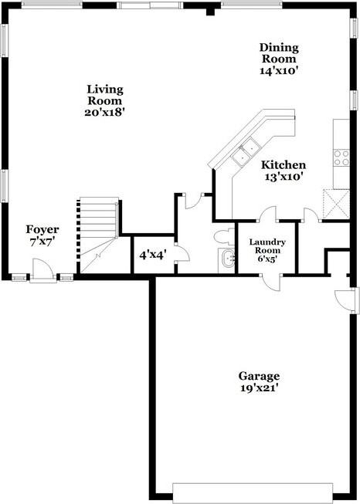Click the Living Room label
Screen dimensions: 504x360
pos(104,100)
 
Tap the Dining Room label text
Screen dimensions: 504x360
pos(279,59)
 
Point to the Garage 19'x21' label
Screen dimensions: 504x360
pos(259,382)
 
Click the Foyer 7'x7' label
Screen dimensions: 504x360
pos(42,235)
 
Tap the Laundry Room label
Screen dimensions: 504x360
pos(267,250)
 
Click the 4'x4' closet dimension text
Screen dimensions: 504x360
pos(152,254)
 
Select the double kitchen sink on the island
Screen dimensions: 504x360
pos(248,151)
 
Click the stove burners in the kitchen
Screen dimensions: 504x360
pos(341,158)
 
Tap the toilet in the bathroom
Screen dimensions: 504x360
pos(222,235)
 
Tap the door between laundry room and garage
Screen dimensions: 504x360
pos(270,281)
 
